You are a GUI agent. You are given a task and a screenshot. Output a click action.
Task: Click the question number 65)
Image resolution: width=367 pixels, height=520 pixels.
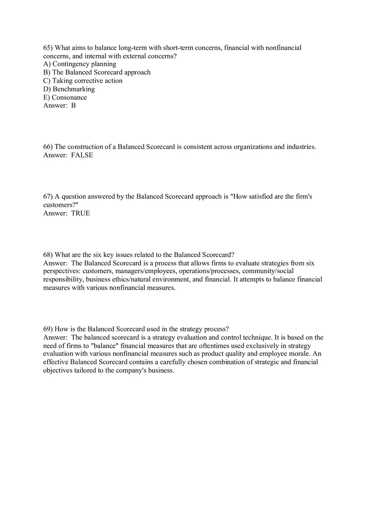48,48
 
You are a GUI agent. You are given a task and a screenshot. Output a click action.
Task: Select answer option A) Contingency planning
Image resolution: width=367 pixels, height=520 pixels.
80,64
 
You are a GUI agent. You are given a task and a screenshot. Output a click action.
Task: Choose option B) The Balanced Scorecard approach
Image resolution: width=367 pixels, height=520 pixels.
97,73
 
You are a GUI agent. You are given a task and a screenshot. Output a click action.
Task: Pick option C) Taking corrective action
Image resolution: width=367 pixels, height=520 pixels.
83,81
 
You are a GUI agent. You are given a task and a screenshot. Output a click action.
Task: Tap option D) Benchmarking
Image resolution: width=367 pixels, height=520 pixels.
69,89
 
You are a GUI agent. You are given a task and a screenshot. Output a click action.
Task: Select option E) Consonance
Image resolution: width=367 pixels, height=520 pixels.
65,98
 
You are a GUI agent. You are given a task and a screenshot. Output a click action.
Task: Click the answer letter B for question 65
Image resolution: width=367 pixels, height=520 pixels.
73,106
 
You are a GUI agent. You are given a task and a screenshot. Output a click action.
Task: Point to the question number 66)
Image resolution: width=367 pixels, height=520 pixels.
48,147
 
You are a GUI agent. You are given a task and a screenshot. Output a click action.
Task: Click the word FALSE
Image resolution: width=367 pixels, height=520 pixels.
82,155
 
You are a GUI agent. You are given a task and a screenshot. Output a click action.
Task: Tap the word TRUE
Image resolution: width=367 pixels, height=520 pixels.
80,213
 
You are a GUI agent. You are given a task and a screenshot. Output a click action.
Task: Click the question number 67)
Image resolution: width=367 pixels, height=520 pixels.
48,196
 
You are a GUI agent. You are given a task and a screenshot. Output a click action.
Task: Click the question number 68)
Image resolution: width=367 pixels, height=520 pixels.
48,255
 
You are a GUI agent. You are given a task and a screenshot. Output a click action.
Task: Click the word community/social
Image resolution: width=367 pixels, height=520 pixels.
268,271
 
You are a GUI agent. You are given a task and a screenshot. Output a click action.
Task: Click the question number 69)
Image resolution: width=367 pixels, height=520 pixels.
48,329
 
